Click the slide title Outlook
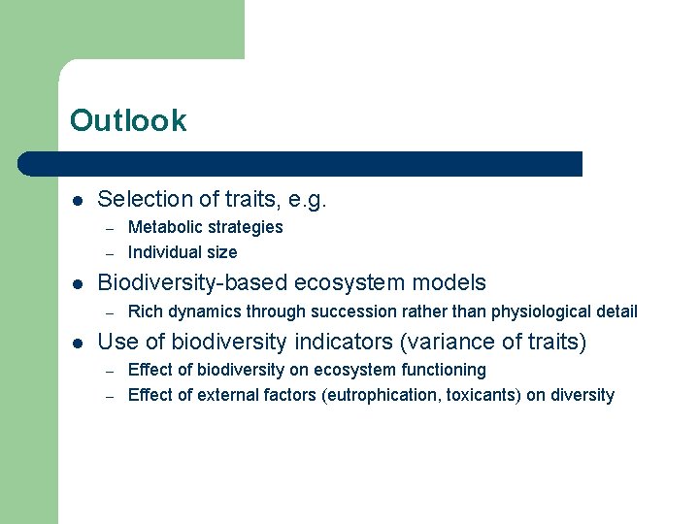[128, 120]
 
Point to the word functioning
[440, 370]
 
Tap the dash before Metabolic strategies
[111, 228]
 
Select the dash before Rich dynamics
[111, 312]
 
